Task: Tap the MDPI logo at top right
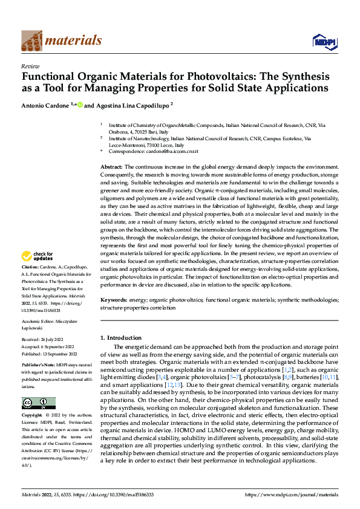click(x=323, y=41)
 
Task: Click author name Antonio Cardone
click(x=47, y=105)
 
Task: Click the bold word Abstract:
click(x=112, y=166)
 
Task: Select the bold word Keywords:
click(x=115, y=300)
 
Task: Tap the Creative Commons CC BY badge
click(x=38, y=403)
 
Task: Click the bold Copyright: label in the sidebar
click(x=33, y=416)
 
